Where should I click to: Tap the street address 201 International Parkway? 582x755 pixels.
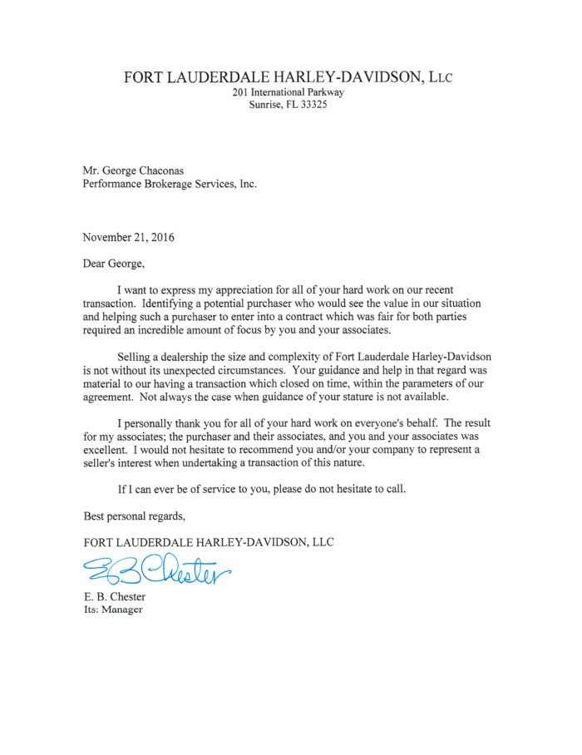(x=288, y=92)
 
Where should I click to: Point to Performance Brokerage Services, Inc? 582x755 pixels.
(x=170, y=185)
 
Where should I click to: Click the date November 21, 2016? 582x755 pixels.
(x=128, y=237)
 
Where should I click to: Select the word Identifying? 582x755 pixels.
(x=184, y=305)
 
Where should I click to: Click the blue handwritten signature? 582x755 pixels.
(x=155, y=569)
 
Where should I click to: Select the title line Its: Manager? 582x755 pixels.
(x=112, y=609)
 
